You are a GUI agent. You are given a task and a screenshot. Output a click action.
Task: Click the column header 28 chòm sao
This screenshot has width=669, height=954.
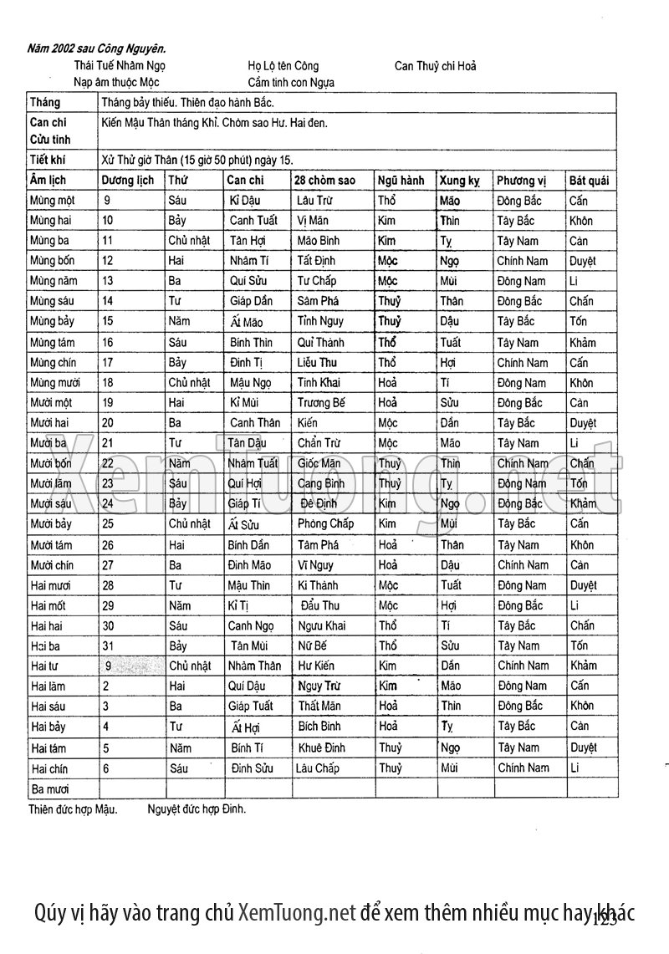click(x=324, y=181)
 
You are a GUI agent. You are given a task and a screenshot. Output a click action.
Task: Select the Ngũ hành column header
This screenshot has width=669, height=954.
click(x=401, y=181)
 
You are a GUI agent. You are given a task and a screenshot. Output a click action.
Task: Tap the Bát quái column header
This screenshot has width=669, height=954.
click(x=589, y=181)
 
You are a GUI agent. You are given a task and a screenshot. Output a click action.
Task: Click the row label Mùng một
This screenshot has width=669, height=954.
click(x=53, y=201)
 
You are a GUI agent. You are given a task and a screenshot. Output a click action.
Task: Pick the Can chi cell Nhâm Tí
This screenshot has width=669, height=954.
click(x=249, y=261)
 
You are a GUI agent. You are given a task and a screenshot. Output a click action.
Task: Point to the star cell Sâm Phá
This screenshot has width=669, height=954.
click(x=318, y=301)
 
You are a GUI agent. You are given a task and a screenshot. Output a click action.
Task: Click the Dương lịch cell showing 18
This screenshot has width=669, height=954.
click(x=108, y=383)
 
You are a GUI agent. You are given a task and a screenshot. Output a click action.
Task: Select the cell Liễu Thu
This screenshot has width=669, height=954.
click(x=317, y=363)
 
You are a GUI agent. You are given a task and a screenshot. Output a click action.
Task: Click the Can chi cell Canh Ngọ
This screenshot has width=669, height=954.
click(x=252, y=625)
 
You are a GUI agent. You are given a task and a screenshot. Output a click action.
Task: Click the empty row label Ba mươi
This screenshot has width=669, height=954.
click(x=49, y=788)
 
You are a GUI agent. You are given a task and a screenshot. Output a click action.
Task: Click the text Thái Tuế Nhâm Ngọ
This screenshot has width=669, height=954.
click(x=120, y=65)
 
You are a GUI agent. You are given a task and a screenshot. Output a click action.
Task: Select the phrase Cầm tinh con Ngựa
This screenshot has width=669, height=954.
click(x=291, y=83)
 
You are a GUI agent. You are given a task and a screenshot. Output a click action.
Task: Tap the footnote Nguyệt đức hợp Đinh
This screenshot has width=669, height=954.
click(x=197, y=809)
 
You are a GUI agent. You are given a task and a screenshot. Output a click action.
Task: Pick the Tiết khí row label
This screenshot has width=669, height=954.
click(x=48, y=160)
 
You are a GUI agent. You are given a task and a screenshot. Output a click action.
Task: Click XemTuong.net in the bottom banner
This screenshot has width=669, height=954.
click(x=298, y=911)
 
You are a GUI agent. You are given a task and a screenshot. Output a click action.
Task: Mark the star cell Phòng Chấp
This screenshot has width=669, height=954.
click(x=325, y=524)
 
